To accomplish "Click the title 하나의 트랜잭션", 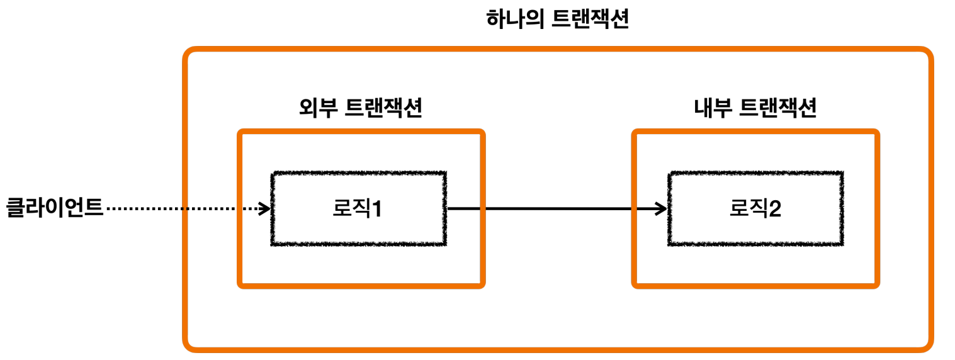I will pyautogui.click(x=558, y=20).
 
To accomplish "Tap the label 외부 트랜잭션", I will pyautogui.click(x=360, y=109).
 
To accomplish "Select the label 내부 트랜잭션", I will pyautogui.click(x=755, y=109).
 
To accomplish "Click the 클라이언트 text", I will pyautogui.click(x=54, y=208).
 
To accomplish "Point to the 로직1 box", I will pyautogui.click(x=359, y=208).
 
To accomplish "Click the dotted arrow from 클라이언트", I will pyautogui.click(x=183, y=208).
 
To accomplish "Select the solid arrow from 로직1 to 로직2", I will pyautogui.click(x=554, y=208).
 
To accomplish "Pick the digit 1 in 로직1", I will pyautogui.click(x=377, y=209).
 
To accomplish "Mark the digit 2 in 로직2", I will pyautogui.click(x=775, y=209).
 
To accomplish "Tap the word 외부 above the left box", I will pyautogui.click(x=318, y=109).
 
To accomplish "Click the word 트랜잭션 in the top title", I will pyautogui.click(x=590, y=20).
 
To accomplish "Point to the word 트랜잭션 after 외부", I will pyautogui.click(x=384, y=109).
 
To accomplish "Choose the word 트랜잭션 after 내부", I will pyautogui.click(x=779, y=109).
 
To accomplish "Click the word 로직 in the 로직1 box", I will pyautogui.click(x=350, y=208).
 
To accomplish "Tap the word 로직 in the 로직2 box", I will pyautogui.click(x=747, y=208).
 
